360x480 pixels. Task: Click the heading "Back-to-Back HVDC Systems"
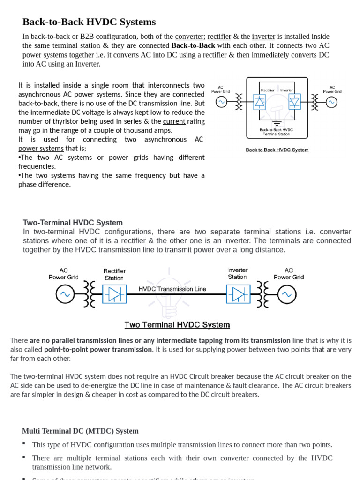click(89, 22)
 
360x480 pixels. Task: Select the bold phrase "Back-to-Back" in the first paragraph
click(193, 45)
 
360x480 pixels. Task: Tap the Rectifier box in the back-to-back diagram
click(260, 102)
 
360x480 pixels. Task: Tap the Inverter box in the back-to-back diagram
click(294, 102)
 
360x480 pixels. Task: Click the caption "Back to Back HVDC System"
click(277, 150)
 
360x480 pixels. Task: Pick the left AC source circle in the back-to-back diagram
click(221, 102)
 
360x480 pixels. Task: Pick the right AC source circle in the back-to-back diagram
click(331, 102)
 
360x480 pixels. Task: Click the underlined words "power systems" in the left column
click(41, 148)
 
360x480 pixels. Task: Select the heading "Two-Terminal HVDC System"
click(73, 223)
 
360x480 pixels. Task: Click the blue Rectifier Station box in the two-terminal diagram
click(114, 294)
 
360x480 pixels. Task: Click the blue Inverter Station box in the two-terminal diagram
click(238, 294)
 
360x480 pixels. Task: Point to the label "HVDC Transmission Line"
click(172, 289)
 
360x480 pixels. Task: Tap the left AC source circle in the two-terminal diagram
click(65, 294)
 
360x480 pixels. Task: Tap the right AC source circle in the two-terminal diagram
click(286, 294)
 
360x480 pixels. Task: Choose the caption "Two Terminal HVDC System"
click(177, 325)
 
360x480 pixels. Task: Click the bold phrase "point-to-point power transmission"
click(98, 350)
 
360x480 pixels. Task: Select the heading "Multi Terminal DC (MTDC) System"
click(80, 431)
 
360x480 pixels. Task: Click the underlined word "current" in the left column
click(174, 121)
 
